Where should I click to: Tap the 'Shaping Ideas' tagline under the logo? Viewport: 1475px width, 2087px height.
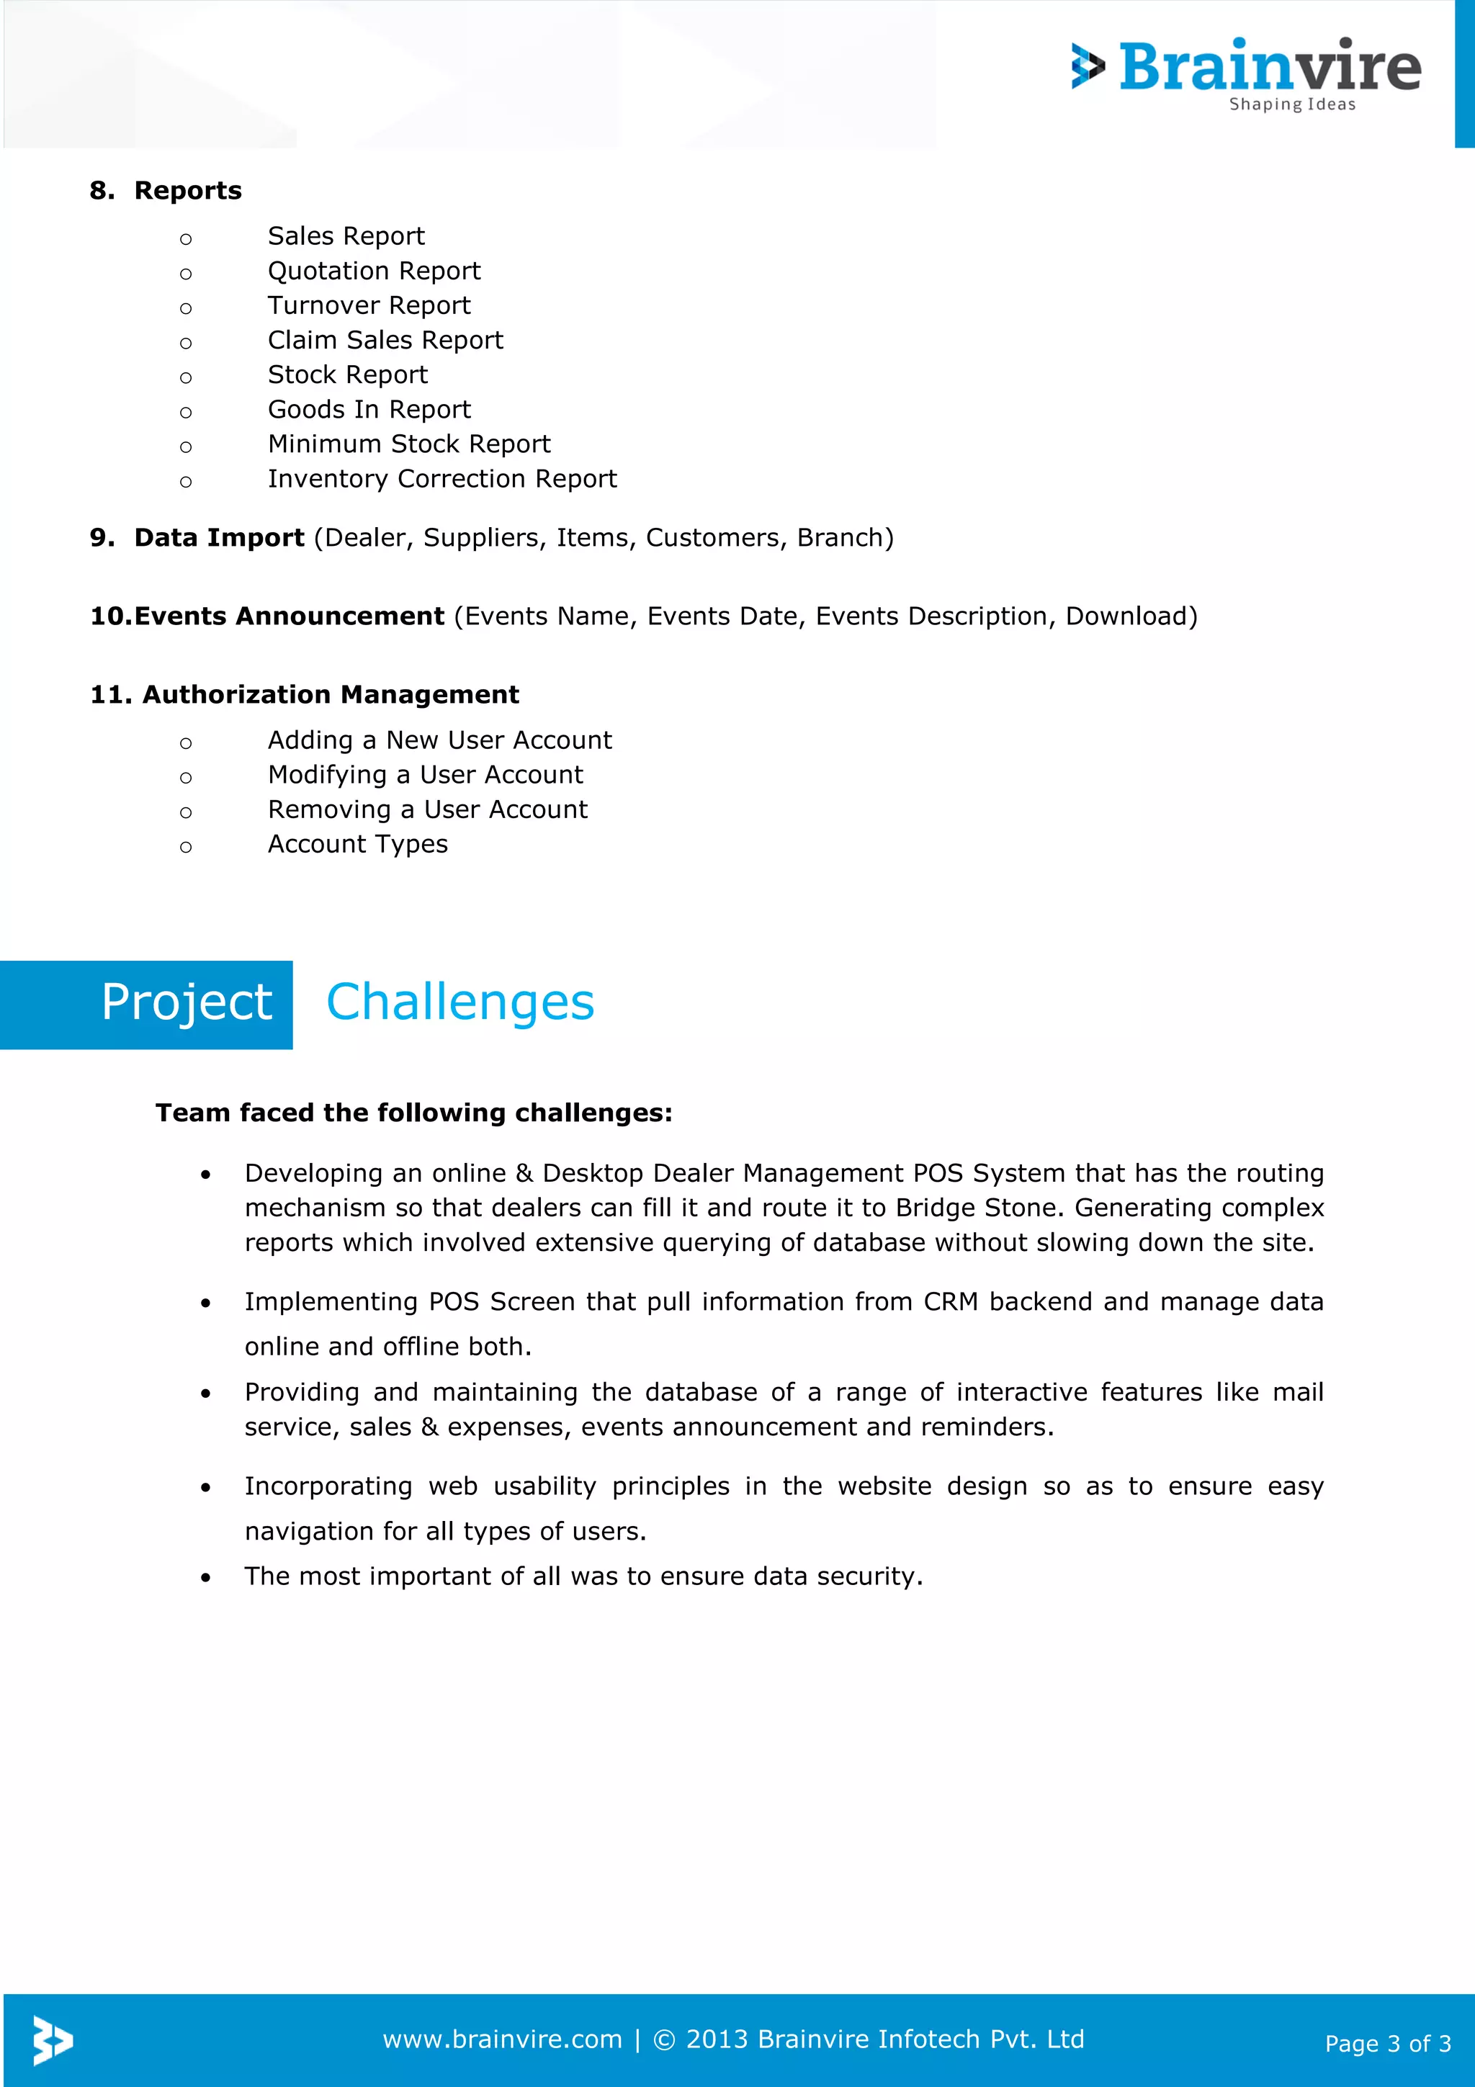click(x=1291, y=104)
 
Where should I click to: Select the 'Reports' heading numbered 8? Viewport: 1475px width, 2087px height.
click(x=187, y=190)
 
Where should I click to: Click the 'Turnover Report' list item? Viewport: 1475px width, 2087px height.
click(x=368, y=305)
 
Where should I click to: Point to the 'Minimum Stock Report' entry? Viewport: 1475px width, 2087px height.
click(x=408, y=444)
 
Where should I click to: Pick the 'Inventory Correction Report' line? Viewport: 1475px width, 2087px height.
click(x=441, y=479)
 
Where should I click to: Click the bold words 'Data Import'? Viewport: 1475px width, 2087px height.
click(x=218, y=537)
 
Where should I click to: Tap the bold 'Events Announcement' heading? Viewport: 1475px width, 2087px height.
click(x=288, y=616)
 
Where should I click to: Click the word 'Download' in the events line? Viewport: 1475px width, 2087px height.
click(x=1126, y=616)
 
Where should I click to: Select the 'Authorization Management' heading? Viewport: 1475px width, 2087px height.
click(x=330, y=694)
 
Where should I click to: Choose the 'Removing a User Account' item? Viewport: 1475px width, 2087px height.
click(x=427, y=809)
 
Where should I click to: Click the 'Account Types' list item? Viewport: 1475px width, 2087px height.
click(x=357, y=845)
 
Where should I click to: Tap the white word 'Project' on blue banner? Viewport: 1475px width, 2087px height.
click(x=187, y=1002)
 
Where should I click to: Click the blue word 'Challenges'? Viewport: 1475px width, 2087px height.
click(x=460, y=1002)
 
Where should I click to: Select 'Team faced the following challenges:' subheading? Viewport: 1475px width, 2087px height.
click(x=413, y=1113)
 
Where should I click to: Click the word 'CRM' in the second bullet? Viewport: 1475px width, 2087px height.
click(x=950, y=1301)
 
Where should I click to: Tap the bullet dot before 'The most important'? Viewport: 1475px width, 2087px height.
click(x=206, y=1577)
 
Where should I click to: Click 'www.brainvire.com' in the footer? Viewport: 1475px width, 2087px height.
click(x=502, y=2039)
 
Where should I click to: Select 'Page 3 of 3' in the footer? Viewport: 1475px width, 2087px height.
click(x=1387, y=2043)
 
